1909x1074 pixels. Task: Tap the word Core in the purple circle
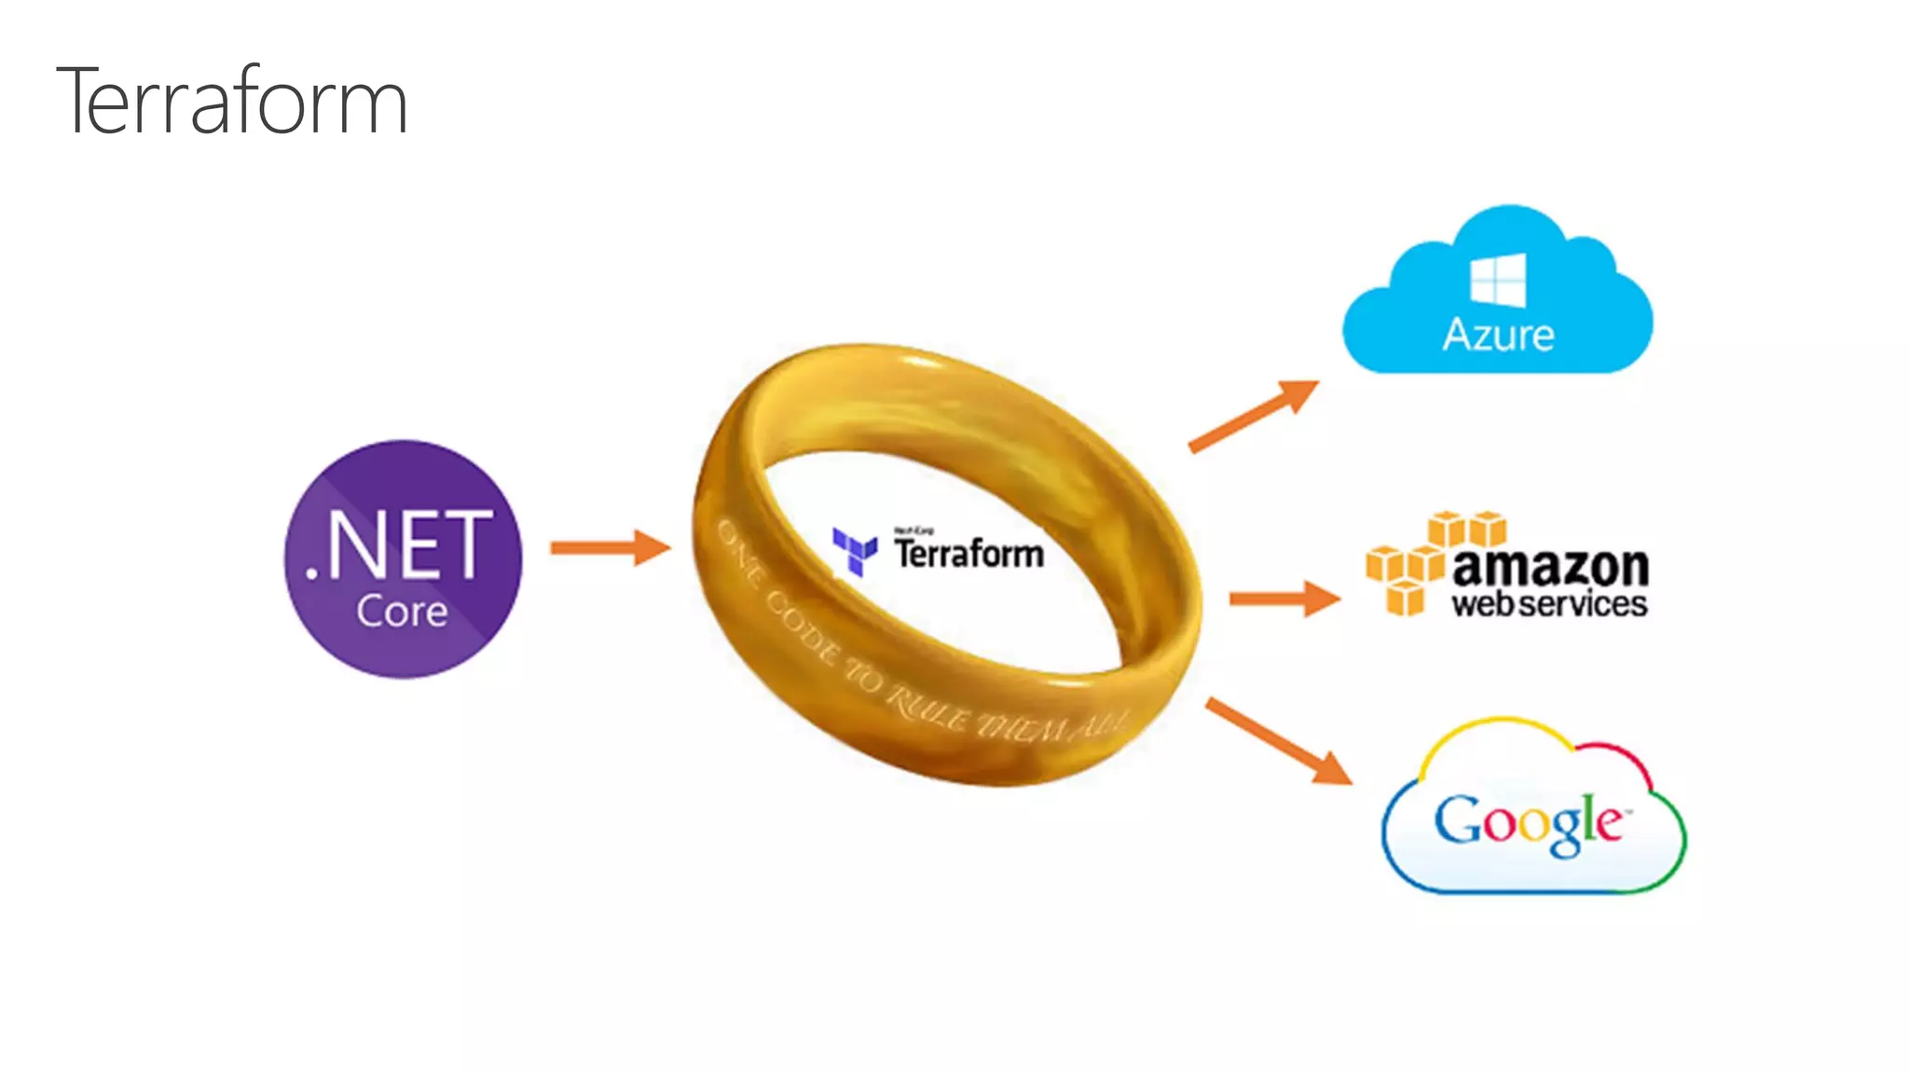click(x=402, y=612)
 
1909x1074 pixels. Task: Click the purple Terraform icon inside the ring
click(x=854, y=550)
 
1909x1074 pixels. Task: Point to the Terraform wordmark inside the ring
click(x=968, y=552)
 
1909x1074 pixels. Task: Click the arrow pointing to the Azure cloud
click(x=1254, y=416)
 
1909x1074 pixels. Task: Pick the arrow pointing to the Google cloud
click(x=1278, y=740)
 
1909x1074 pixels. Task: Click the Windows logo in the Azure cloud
click(x=1498, y=280)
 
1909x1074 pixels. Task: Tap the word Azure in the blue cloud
click(x=1498, y=335)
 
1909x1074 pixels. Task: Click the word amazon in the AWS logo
click(x=1550, y=566)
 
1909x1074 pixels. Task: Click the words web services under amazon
click(x=1548, y=604)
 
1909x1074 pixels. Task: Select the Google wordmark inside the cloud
click(x=1529, y=822)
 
